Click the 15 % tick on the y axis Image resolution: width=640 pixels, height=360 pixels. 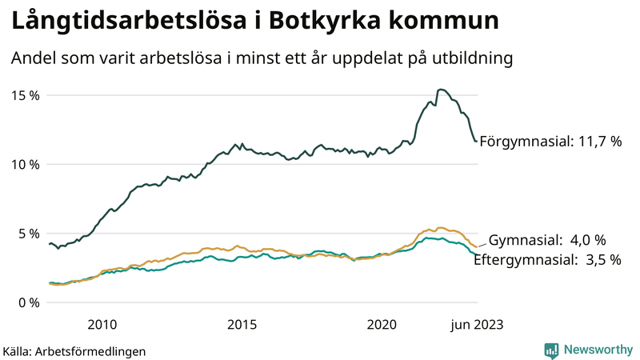[25, 95]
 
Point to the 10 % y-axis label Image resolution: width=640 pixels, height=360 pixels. [25, 164]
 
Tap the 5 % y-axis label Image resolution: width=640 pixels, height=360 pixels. [28, 234]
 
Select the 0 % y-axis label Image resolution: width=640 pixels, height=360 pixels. [28, 302]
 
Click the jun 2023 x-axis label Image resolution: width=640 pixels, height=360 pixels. [477, 324]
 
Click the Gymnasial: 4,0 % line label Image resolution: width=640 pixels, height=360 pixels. [547, 240]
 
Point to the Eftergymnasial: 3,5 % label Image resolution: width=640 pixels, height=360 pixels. [547, 259]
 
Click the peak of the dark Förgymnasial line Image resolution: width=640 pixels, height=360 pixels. [441, 90]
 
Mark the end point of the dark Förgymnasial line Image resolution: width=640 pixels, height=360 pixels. [477, 142]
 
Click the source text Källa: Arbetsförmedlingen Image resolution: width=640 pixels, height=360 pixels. [74, 350]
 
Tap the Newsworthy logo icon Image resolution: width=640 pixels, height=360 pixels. [551, 350]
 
